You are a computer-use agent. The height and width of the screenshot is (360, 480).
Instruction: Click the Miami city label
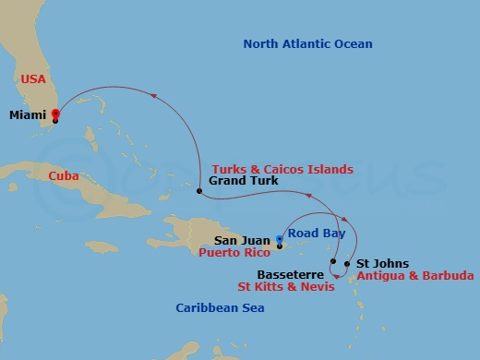[29, 115]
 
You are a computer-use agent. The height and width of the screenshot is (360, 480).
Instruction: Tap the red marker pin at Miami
[55, 114]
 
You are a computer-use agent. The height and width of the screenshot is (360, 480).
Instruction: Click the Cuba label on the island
[66, 174]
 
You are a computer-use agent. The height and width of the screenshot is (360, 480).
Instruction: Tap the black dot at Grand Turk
[198, 191]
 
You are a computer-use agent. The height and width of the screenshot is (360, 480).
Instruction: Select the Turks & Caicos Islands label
[282, 169]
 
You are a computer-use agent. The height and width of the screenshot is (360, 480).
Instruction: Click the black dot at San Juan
[280, 246]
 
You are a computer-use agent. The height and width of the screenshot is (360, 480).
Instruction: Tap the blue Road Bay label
[316, 234]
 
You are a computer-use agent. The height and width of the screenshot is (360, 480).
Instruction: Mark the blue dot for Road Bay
[280, 238]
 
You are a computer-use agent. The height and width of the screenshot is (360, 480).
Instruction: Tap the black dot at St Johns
[347, 264]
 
